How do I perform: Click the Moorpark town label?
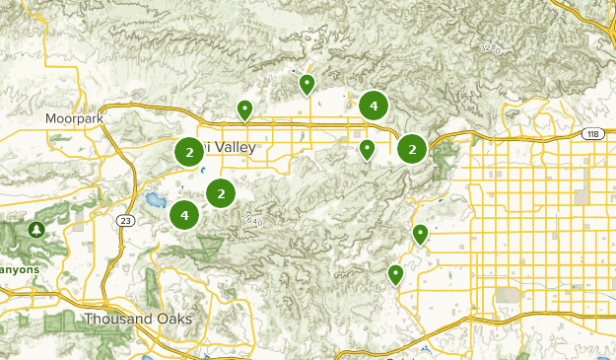pos(73,119)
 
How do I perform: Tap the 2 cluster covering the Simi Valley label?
pos(188,152)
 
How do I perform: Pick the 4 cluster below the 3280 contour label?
pos(374,105)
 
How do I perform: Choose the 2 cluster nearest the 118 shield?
pos(412,149)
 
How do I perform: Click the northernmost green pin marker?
pos(308,85)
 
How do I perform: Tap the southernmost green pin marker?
pos(396,273)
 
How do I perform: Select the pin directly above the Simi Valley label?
pos(244,109)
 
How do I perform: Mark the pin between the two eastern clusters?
pos(367,149)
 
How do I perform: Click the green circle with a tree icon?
pos(36,230)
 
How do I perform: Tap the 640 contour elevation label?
pos(255,220)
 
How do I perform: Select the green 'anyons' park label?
pos(19,267)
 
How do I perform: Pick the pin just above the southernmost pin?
pos(421,234)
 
